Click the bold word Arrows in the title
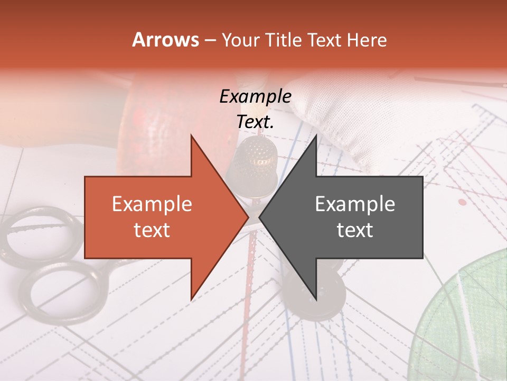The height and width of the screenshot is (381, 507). point(165,40)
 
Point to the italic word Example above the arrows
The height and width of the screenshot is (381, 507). point(255,97)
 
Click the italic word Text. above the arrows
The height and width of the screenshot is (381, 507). point(255,122)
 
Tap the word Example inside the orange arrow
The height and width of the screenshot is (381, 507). point(152,204)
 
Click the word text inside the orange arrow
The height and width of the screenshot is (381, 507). point(152,230)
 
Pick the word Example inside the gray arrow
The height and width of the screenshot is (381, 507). point(355,204)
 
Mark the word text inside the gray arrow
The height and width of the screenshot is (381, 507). point(355,230)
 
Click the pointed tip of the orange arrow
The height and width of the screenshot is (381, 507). point(247,217)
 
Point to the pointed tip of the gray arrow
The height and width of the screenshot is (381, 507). point(261,217)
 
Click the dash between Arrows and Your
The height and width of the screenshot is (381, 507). point(210,41)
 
